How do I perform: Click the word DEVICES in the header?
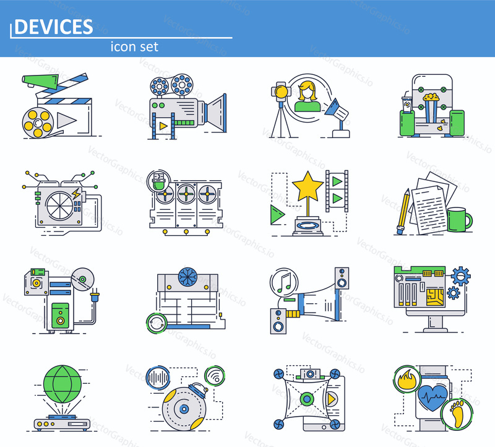point(54,27)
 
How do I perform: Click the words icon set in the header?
point(134,47)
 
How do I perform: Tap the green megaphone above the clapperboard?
point(40,81)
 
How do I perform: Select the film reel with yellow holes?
point(37,123)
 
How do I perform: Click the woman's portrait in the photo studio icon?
point(307,97)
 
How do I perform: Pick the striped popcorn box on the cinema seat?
point(431,108)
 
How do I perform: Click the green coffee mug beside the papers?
point(460,219)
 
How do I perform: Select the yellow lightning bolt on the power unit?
point(75,193)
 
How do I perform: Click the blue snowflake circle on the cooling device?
point(187,277)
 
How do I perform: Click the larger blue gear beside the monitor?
point(460,276)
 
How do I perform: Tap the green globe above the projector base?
point(62,384)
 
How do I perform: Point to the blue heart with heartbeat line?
point(433,397)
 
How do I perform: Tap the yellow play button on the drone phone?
point(332,399)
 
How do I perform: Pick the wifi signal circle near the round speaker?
point(215,376)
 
